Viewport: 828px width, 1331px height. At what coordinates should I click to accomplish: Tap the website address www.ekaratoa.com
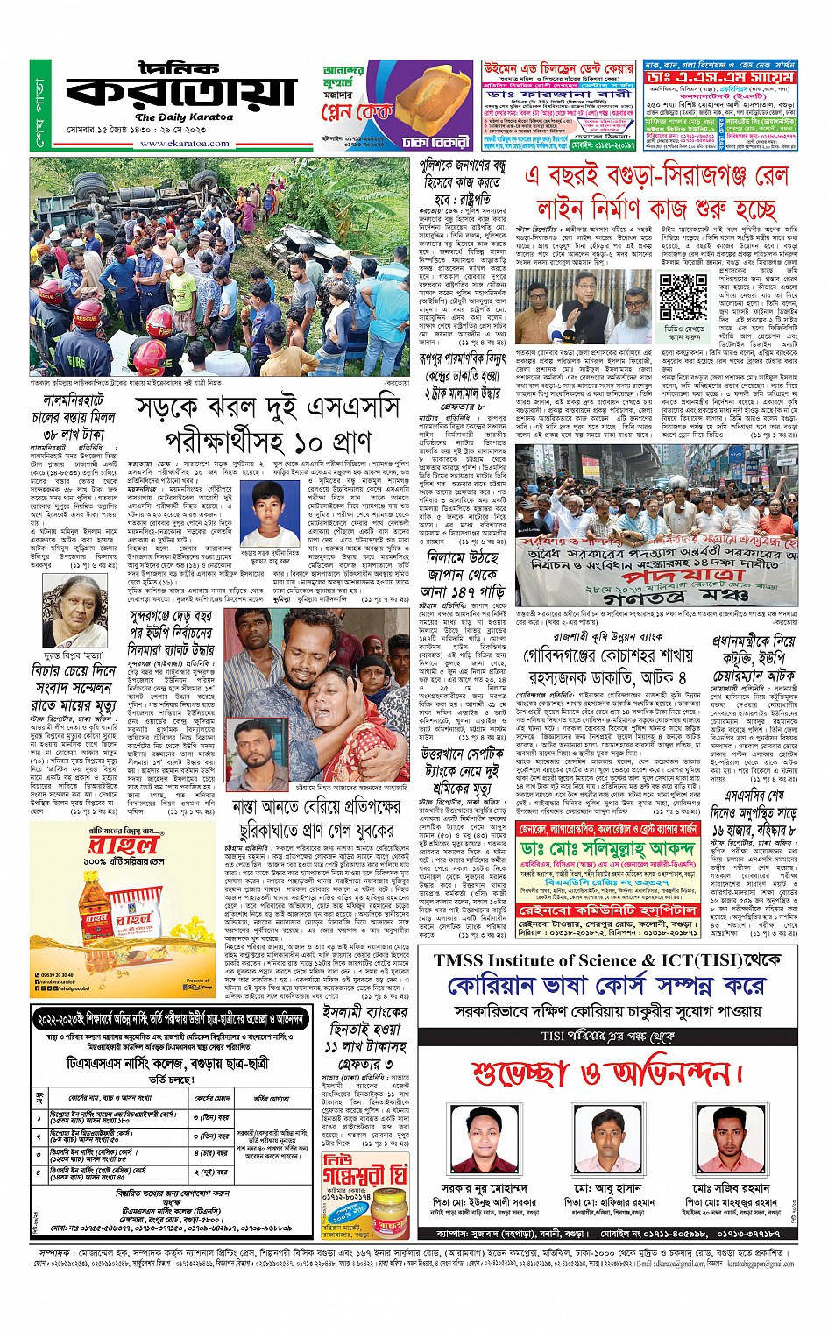click(184, 144)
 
